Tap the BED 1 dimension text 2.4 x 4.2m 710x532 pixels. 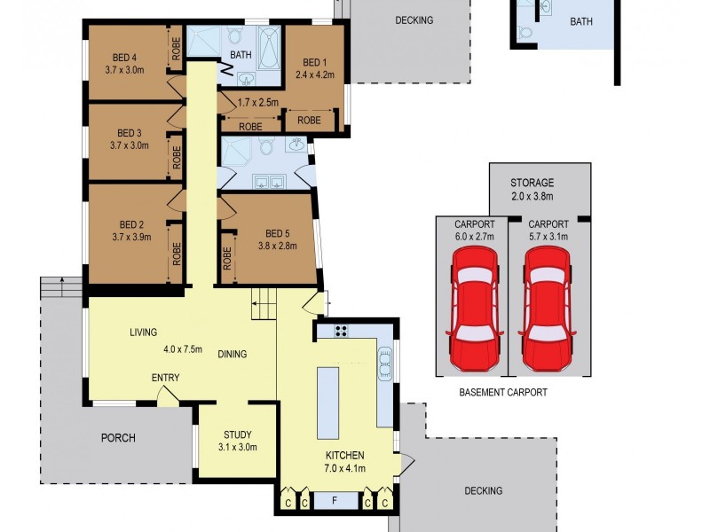[315, 74]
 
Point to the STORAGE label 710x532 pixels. [532, 183]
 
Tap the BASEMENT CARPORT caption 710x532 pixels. [503, 392]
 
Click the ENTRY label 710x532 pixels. [165, 378]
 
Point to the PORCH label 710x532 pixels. [117, 437]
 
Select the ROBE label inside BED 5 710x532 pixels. [228, 258]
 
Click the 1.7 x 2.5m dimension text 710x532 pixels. [258, 103]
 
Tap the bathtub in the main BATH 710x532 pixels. [267, 42]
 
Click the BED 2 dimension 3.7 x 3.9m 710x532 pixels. [130, 237]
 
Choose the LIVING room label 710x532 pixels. [143, 332]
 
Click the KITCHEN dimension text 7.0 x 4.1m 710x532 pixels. [344, 468]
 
